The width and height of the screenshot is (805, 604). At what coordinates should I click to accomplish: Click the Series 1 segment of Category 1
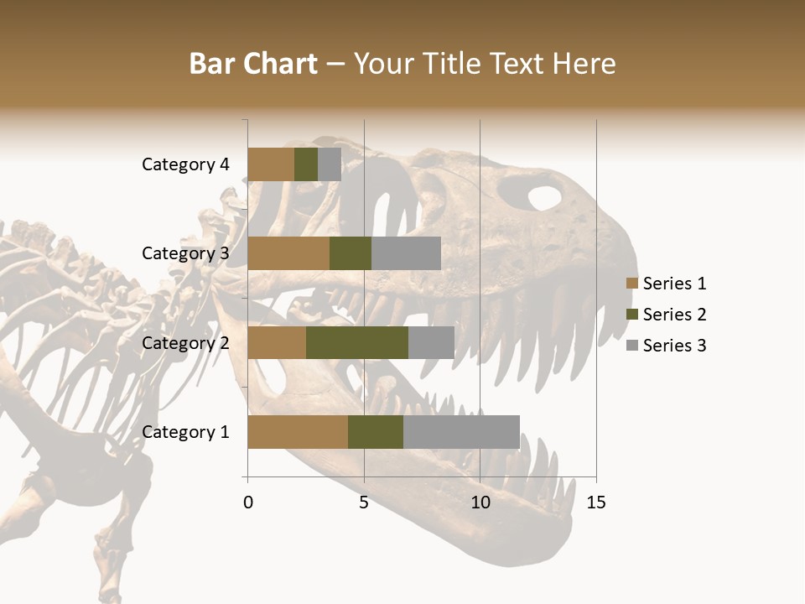pos(298,432)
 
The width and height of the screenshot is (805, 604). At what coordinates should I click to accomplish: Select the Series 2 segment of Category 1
pos(376,432)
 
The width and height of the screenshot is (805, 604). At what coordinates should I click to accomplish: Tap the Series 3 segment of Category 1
pos(461,432)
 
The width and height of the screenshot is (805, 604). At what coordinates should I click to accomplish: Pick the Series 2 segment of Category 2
pos(357,342)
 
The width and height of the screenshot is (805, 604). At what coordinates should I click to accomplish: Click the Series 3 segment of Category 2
pos(431,342)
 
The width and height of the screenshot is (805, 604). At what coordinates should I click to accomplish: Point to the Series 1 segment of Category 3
pos(288,253)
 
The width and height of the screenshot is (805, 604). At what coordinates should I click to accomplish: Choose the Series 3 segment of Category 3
pos(406,253)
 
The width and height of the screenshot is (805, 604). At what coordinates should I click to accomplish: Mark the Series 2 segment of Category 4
pos(306,164)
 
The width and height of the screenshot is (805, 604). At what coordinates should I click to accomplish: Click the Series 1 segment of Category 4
pos(271,164)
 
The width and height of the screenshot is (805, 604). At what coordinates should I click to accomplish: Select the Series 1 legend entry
pos(666,284)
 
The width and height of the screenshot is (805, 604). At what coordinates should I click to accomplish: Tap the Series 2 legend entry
pos(666,315)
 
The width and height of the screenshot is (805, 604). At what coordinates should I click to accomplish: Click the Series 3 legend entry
pos(666,346)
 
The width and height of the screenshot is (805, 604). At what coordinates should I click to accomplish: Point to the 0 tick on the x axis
pos(248,502)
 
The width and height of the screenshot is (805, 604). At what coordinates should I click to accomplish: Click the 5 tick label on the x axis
pos(364,502)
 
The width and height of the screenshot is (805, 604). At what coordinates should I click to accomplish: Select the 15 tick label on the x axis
pos(596,502)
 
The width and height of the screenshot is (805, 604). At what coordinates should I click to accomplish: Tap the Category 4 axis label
pos(185,164)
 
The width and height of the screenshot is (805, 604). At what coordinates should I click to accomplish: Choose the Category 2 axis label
pos(185,343)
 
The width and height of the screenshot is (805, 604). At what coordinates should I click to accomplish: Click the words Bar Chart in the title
pos(253,64)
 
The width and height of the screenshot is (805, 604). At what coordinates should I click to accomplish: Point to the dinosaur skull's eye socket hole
pos(544,198)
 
